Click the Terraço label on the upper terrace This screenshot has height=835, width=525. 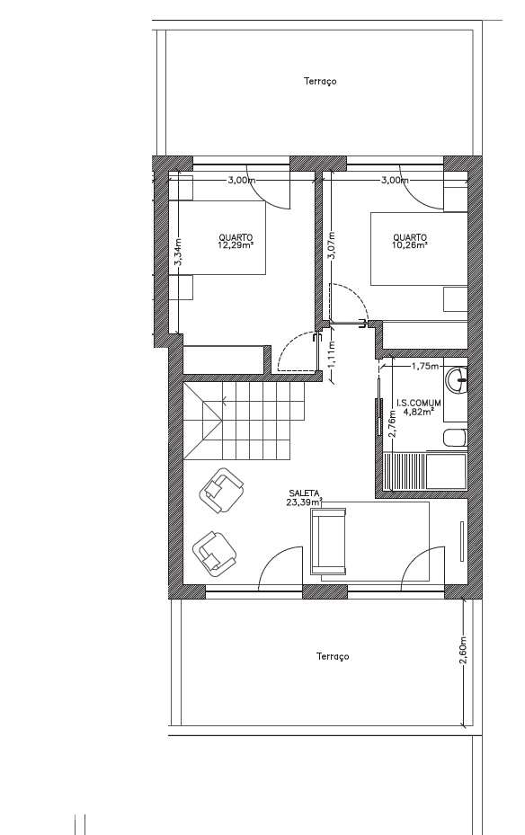(319, 81)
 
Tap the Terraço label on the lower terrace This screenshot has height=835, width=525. (333, 656)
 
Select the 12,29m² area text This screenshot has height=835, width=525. (235, 244)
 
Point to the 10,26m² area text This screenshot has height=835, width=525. (409, 244)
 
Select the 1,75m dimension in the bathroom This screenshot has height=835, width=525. (424, 366)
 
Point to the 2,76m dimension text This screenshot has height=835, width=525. (392, 423)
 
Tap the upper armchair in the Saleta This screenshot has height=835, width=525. (221, 489)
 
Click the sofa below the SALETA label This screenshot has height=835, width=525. (329, 540)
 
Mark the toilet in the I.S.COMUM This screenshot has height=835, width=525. (454, 439)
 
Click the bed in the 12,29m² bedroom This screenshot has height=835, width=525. (221, 237)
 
